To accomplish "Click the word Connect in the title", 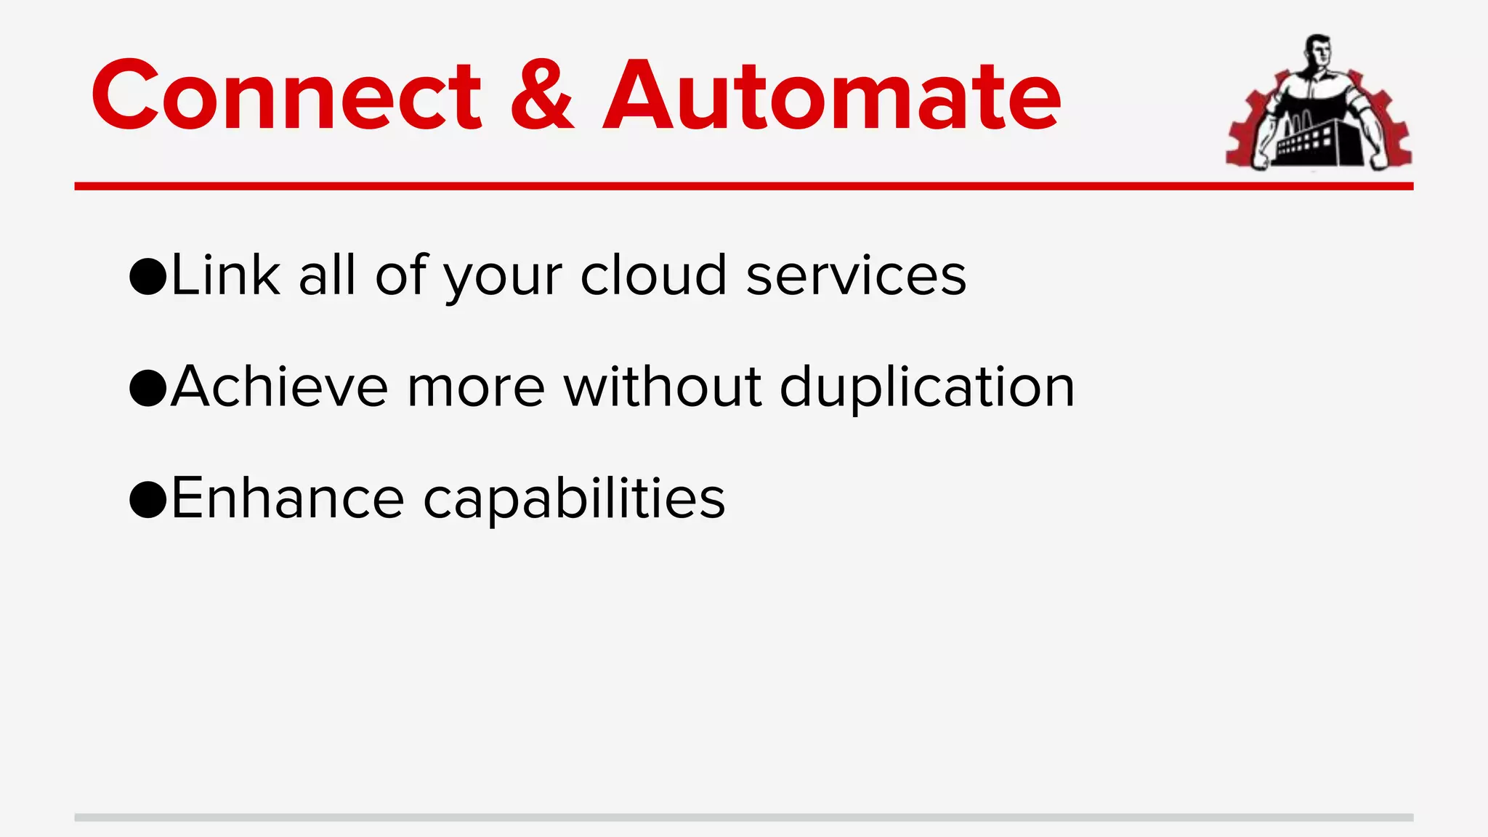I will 286,96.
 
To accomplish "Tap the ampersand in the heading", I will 542,96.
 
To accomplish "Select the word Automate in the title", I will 832,96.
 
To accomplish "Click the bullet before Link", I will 148,277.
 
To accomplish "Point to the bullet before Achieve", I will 148,388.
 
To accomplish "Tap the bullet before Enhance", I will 148,500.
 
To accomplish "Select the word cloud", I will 653,276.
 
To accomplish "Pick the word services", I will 856,276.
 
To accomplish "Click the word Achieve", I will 280,387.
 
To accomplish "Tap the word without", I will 663,387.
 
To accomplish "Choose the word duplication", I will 927,389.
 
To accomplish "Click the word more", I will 476,389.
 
